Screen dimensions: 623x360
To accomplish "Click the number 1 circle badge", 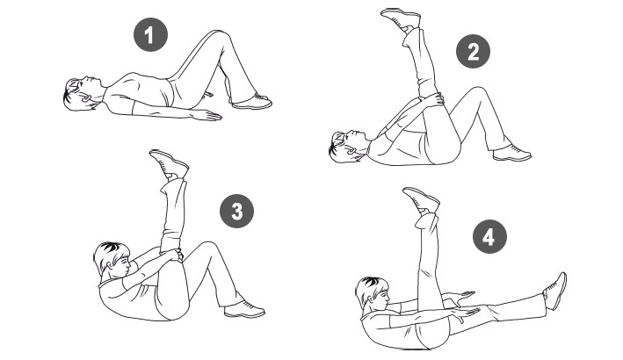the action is pos(150,34).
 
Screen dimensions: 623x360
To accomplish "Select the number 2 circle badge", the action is pos(473,52).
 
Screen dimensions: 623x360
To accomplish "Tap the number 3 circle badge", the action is pos(236,211).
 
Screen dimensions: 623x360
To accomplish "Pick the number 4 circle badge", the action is pos(489,237).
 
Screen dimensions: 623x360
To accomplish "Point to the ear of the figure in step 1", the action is pos(86,97).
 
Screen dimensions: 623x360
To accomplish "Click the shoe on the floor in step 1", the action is pos(251,102).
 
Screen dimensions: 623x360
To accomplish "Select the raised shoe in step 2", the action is pos(401,19).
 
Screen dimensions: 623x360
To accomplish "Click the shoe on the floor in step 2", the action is pos(511,153).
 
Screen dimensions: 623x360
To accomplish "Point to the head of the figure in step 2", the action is pos(346,146).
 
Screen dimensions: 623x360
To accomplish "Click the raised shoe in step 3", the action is pos(169,163).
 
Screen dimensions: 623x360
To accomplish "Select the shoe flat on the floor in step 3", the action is pos(244,310).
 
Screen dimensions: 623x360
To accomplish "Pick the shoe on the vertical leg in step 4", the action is pos(421,200).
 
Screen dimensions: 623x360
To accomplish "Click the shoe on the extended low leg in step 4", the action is pos(555,291).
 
